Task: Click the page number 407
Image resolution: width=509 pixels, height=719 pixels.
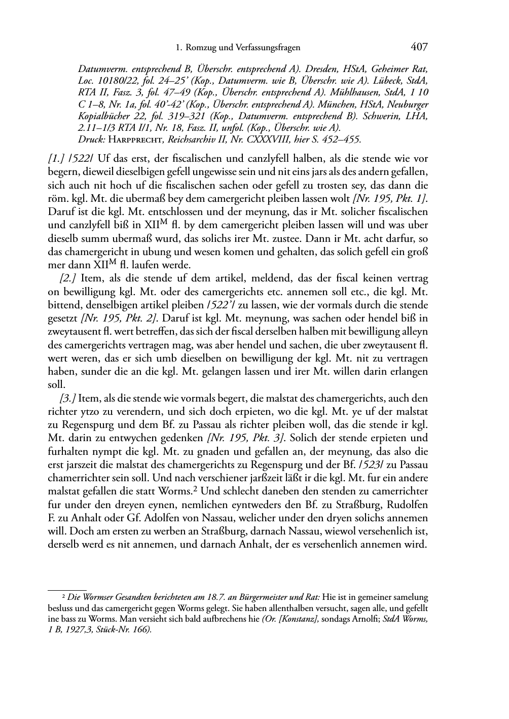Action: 419,47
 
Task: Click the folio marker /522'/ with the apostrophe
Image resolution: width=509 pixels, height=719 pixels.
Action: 215,305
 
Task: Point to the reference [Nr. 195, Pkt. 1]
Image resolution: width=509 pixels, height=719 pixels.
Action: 390,198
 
